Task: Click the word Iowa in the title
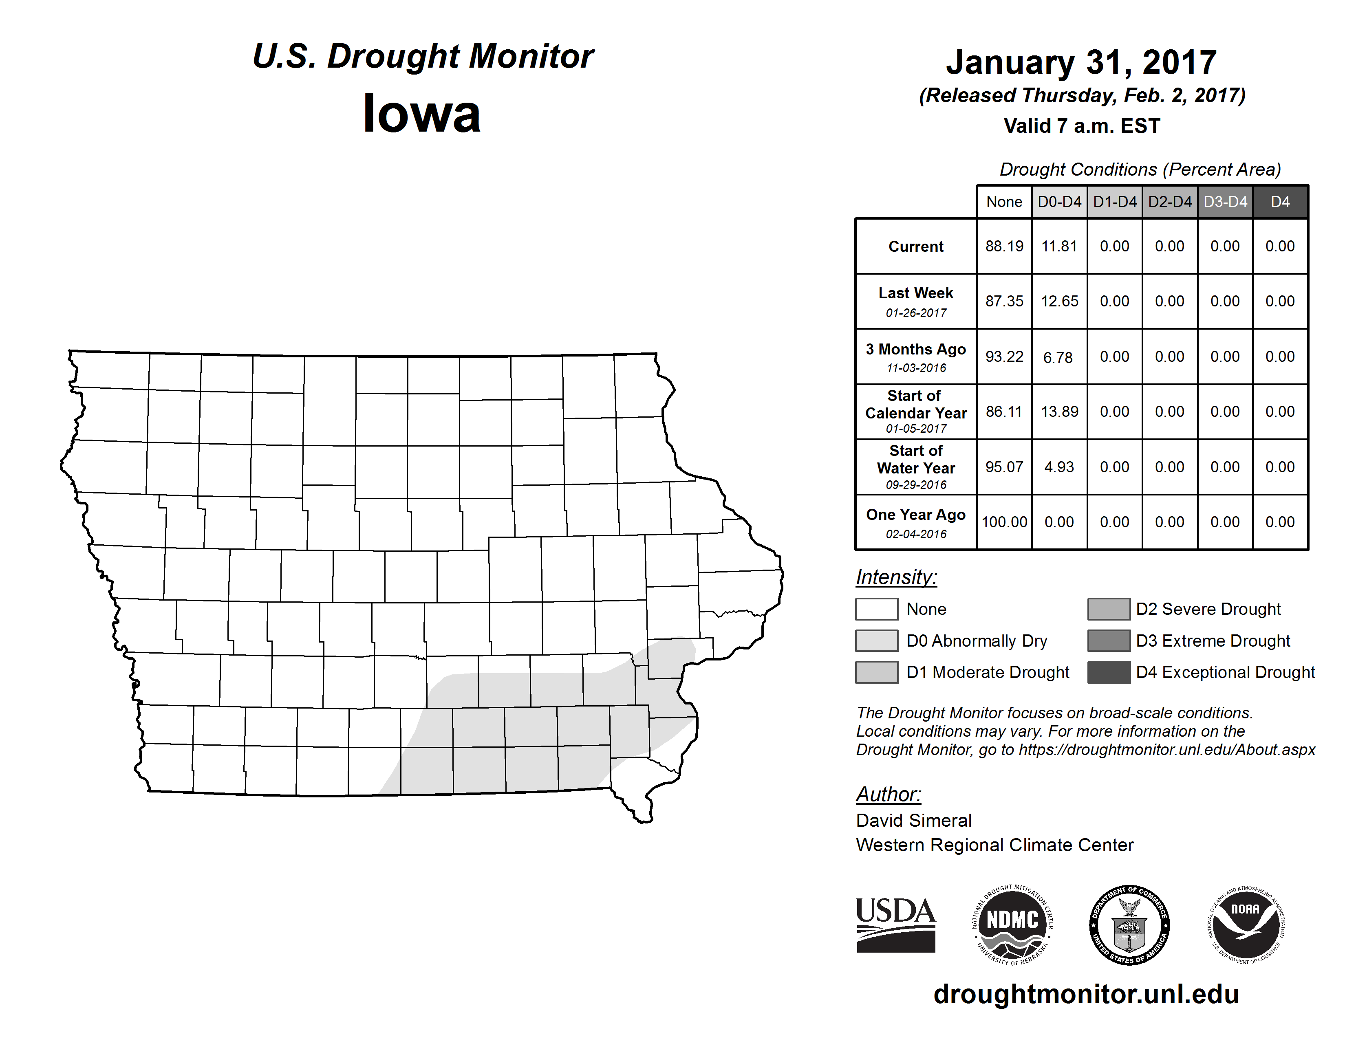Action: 421,114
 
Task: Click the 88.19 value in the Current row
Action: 1004,246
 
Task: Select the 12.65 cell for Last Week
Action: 1059,302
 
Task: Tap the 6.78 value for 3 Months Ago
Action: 1058,357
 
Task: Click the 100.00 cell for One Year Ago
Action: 1004,522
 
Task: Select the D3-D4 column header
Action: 1225,202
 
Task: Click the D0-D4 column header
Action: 1059,202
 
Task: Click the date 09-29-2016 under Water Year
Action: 916,485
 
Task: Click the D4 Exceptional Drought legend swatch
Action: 1109,672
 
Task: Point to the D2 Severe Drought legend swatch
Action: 1109,609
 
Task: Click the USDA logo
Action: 895,925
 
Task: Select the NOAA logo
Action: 1245,925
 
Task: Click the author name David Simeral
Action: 913,821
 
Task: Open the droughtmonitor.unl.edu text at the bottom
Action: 1086,994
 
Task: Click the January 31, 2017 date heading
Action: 1081,63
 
